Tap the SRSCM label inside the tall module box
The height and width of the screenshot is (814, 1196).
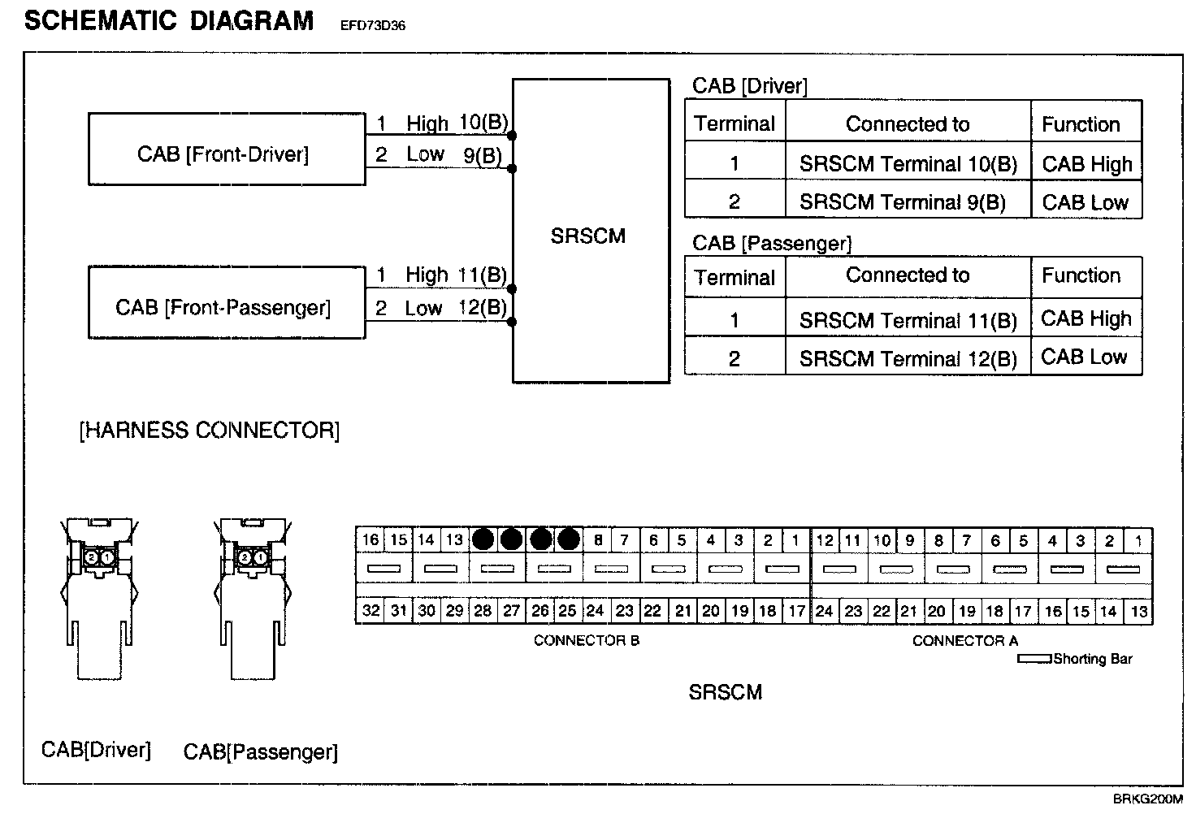point(588,236)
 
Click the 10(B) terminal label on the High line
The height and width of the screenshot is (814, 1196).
point(483,123)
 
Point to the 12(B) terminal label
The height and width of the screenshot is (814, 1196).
point(483,307)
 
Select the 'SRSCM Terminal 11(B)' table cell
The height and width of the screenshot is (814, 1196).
point(907,320)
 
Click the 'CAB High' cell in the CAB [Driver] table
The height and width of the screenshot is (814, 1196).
point(1086,164)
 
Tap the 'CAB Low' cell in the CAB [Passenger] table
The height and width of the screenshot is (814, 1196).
point(1085,357)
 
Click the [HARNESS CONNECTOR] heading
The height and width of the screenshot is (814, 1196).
point(210,431)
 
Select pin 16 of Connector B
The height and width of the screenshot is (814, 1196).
point(370,540)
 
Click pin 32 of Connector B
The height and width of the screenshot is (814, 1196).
point(370,611)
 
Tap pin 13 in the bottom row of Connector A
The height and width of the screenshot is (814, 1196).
point(1139,611)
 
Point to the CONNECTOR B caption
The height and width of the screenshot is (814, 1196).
point(586,640)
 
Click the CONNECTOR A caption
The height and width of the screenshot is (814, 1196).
point(964,641)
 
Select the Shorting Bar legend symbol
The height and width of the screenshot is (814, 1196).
point(1034,659)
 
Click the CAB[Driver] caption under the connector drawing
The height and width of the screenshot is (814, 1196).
point(96,749)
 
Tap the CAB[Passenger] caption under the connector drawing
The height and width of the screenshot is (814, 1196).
point(260,751)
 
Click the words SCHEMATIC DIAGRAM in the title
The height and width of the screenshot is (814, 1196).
point(169,20)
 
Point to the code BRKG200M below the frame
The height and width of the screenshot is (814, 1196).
point(1147,799)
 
